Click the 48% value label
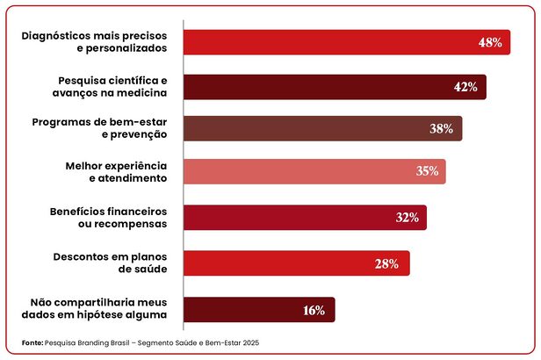pos(490,42)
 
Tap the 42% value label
pos(465,87)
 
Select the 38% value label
pos(441,129)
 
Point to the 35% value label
pos(427,171)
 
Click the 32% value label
pos(407,218)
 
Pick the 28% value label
pos(387,263)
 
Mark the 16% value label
pos(314,310)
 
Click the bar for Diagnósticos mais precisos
pos(334,42)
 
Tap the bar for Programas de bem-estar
pos(307,129)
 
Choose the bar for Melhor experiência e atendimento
pos(299,171)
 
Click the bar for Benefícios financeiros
pos(290,218)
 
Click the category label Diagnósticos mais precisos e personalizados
pos(96,42)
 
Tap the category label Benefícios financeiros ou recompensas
pos(111,218)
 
